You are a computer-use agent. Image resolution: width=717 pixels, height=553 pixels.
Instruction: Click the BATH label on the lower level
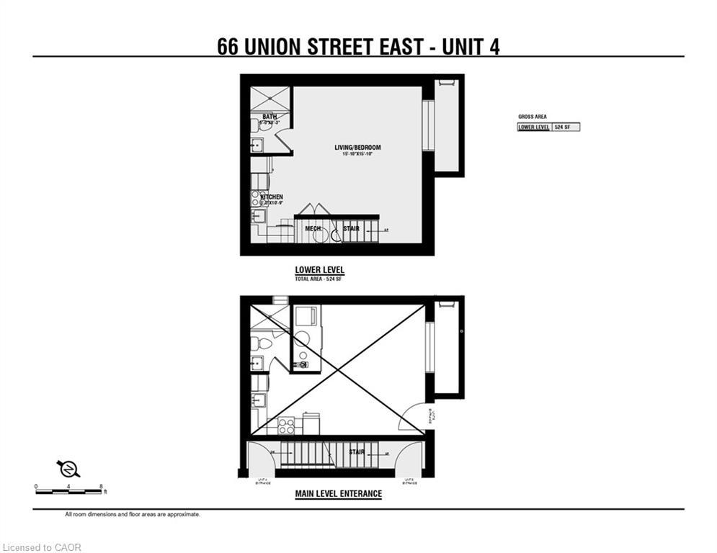[270, 117]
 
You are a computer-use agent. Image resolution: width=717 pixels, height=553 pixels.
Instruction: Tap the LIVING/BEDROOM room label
[357, 148]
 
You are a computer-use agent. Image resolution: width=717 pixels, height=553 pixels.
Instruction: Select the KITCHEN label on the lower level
[272, 197]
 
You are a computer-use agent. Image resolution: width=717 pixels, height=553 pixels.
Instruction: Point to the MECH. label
[312, 229]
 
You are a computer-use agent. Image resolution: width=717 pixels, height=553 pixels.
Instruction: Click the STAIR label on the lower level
[351, 229]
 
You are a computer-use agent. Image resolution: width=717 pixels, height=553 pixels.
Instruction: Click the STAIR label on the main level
[356, 452]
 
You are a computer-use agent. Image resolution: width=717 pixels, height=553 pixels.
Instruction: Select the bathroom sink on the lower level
[256, 145]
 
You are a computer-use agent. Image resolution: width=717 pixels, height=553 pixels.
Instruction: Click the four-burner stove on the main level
[286, 426]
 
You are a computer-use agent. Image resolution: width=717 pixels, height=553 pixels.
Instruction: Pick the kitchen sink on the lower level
[257, 215]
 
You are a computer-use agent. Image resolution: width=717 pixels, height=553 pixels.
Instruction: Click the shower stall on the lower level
[270, 98]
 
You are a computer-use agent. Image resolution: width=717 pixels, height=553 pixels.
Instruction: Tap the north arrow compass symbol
[68, 469]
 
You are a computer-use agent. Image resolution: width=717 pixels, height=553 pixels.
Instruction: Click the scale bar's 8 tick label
[102, 487]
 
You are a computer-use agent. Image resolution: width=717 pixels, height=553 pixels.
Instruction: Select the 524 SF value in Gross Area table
[565, 127]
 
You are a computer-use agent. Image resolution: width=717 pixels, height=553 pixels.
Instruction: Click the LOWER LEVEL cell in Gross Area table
[534, 127]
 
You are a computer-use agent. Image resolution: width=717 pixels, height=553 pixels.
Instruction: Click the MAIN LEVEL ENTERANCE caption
[338, 494]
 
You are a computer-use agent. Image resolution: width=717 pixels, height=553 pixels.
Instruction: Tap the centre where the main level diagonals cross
[337, 369]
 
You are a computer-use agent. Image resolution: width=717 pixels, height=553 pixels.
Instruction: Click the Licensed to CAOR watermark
[42, 547]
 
